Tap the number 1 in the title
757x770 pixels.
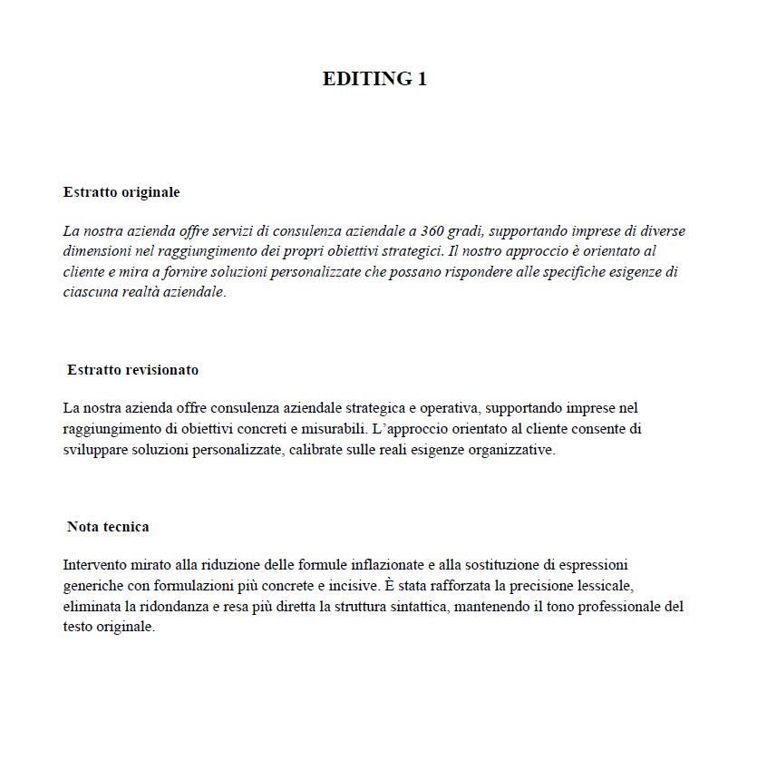[x=422, y=79]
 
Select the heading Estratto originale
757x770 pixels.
[x=121, y=192]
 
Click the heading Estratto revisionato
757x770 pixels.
[x=132, y=370]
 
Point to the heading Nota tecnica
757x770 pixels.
[x=108, y=527]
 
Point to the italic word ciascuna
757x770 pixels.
[x=92, y=293]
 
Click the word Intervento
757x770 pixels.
[x=96, y=564]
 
